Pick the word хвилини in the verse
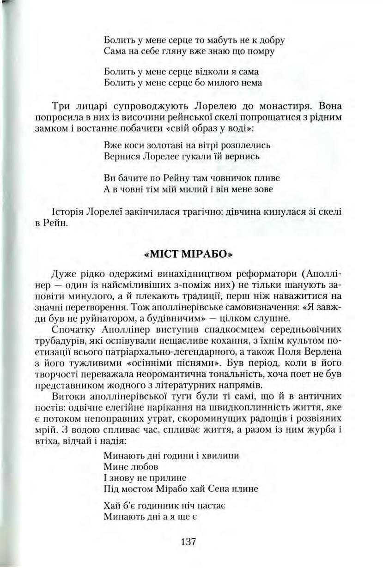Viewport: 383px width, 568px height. tap(222, 456)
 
